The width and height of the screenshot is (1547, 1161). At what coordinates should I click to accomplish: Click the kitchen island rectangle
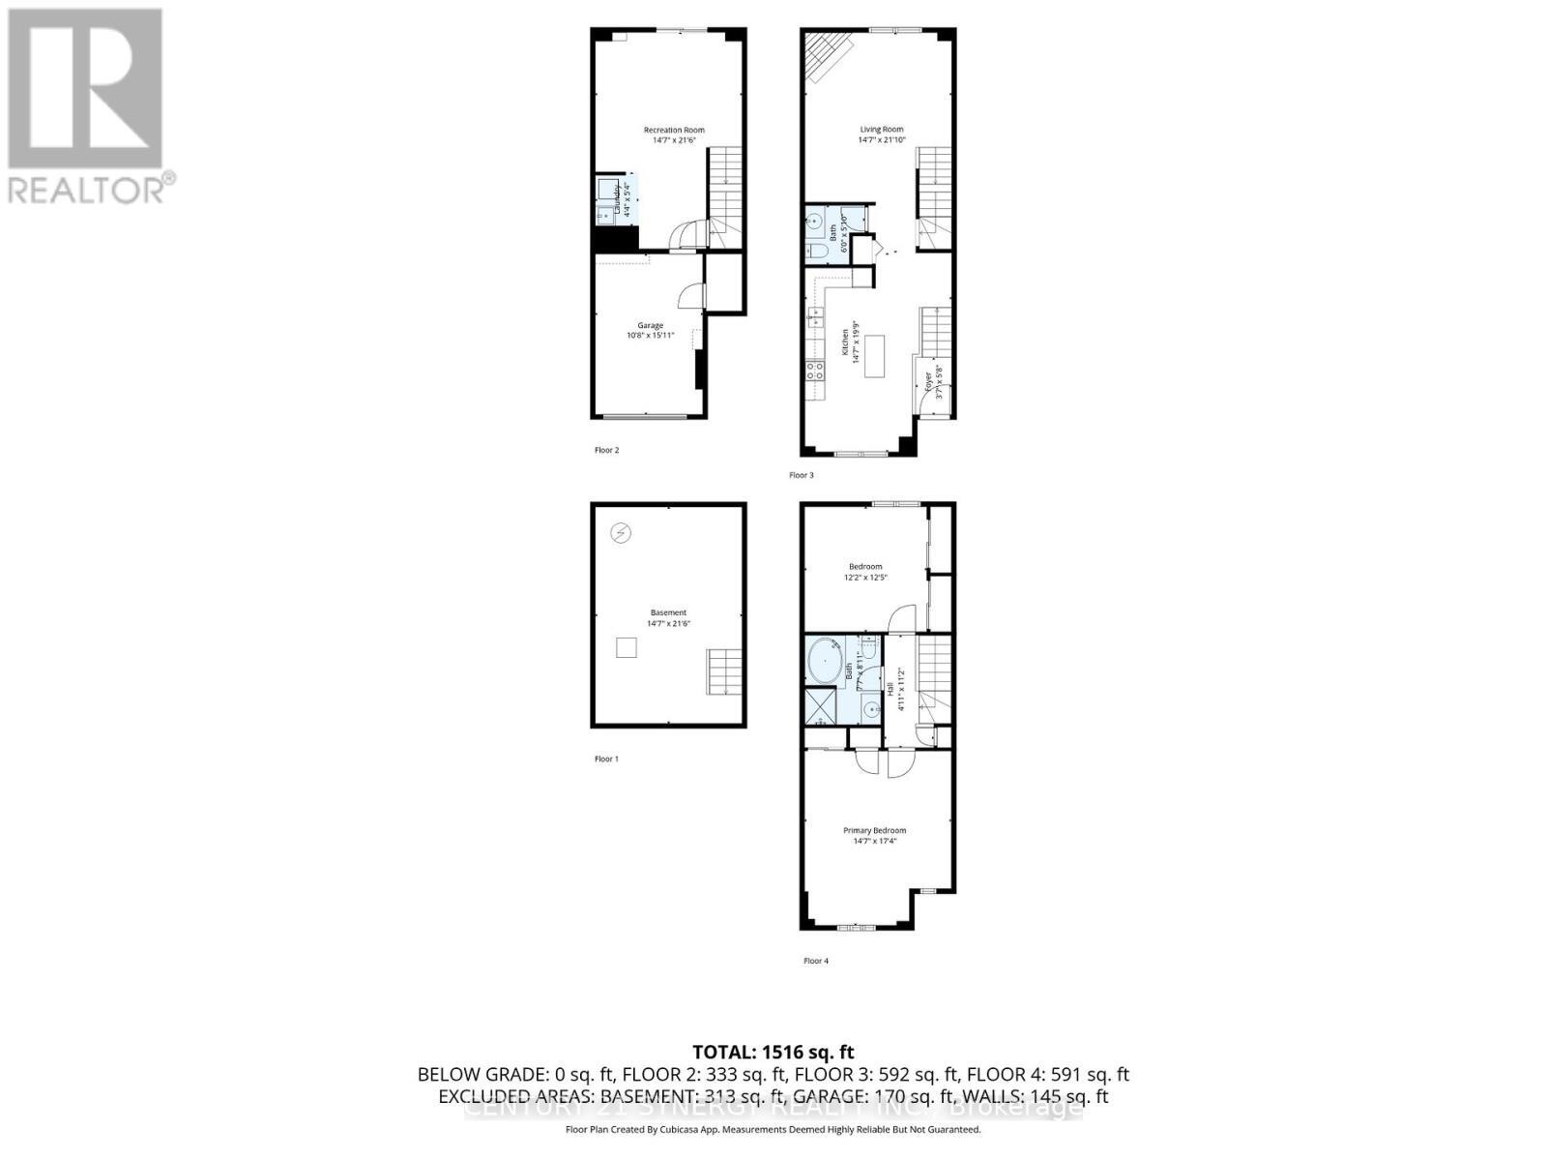pyautogui.click(x=877, y=356)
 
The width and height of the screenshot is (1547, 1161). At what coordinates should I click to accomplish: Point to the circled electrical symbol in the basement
pyautogui.click(x=621, y=532)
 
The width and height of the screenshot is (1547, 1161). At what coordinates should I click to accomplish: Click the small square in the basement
pyautogui.click(x=627, y=648)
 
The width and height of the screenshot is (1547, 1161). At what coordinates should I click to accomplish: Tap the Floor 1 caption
pyautogui.click(x=606, y=759)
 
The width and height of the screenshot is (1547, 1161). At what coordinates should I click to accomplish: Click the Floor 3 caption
pyautogui.click(x=802, y=475)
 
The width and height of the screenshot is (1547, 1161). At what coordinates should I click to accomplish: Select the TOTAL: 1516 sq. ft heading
pyautogui.click(x=773, y=1052)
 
